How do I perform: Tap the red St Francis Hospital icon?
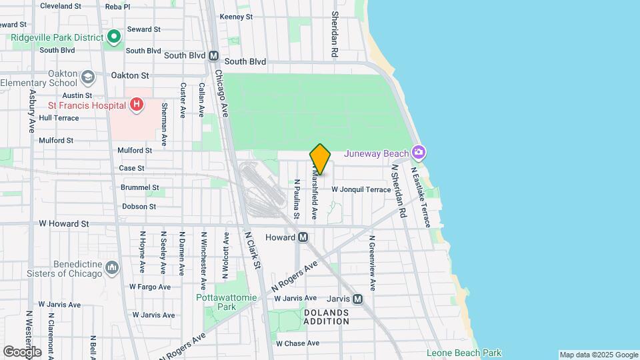[x=136, y=104]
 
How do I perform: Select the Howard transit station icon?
[x=303, y=237]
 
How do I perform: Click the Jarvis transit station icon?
[x=357, y=299]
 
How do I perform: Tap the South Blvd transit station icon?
[x=213, y=57]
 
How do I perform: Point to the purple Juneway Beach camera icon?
[x=418, y=153]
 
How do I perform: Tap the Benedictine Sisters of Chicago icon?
[x=112, y=268]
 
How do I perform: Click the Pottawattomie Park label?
[x=216, y=302]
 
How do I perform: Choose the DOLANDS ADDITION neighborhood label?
[x=327, y=317]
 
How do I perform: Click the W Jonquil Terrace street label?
[x=361, y=190]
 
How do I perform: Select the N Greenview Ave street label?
[x=373, y=266]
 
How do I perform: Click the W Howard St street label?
[x=64, y=224]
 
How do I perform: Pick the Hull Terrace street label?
[x=59, y=118]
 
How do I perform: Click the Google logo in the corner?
[x=22, y=351]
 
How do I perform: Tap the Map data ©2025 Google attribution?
[x=598, y=355]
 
